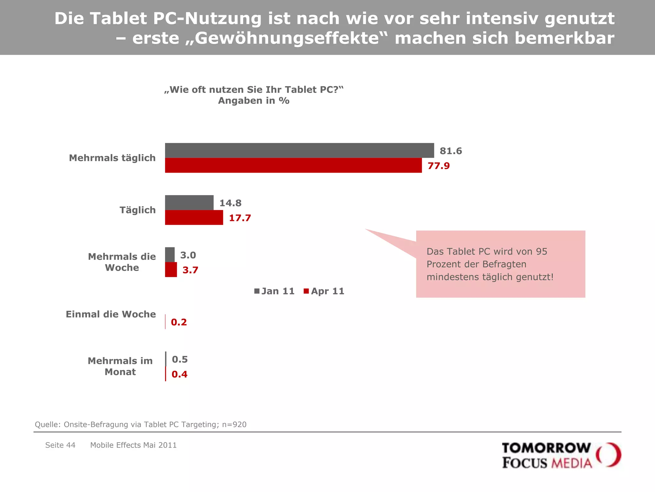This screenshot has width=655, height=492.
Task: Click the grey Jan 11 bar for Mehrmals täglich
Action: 299,150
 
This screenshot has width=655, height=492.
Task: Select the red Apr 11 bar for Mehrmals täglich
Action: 293,165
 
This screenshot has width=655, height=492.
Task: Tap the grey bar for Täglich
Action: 189,202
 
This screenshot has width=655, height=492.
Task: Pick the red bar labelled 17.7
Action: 194,217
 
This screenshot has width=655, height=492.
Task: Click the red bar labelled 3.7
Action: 171,270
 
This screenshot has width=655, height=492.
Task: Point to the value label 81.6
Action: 451,151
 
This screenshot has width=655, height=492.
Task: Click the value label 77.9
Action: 438,166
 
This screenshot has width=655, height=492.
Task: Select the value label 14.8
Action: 230,203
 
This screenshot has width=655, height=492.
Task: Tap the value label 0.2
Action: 179,322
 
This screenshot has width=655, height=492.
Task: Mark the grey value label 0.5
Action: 180,359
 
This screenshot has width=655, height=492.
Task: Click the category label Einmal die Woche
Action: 111,314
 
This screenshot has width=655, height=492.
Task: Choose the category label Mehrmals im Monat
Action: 120,366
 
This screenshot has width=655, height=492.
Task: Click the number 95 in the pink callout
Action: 541,251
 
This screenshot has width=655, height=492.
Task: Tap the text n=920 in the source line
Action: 234,424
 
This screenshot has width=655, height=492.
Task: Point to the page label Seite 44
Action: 60,445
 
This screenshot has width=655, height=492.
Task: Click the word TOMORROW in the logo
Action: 546,448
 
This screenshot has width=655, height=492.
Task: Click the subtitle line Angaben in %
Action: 254,101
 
